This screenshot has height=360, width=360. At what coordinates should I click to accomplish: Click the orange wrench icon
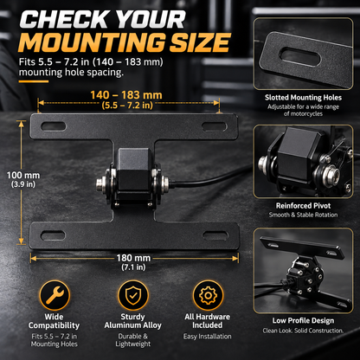click(x=55, y=295)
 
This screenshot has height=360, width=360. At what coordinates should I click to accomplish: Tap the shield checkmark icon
click(x=133, y=295)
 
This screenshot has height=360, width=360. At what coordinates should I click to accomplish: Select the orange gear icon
click(x=208, y=295)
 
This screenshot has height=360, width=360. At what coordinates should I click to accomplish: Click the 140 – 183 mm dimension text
click(x=126, y=95)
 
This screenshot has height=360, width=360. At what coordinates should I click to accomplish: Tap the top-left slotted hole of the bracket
click(x=54, y=126)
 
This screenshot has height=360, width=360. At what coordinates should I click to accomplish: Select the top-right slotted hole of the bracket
click(x=215, y=126)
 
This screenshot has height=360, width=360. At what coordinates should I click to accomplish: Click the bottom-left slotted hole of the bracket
click(x=53, y=235)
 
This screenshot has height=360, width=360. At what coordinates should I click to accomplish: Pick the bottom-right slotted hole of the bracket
click(x=215, y=235)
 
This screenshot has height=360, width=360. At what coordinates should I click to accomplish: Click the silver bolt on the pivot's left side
click(x=101, y=183)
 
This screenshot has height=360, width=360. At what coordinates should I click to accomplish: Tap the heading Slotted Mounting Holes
click(x=303, y=98)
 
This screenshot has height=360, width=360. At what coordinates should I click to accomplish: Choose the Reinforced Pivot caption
click(x=303, y=206)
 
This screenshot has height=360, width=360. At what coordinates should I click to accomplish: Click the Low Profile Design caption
click(x=303, y=320)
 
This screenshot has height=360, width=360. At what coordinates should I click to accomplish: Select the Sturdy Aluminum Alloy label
click(x=133, y=321)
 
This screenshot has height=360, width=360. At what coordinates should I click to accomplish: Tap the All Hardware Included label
click(x=208, y=321)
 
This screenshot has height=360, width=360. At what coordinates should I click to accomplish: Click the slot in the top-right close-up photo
click(x=300, y=57)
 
